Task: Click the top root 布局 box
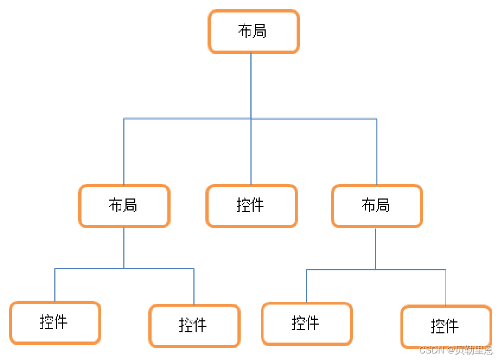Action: point(254,31)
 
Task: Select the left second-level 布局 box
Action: point(124,206)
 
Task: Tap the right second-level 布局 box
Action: point(376,206)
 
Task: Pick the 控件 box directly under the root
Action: point(251,206)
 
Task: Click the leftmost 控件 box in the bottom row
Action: point(55,322)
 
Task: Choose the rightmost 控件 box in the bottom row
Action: point(446,326)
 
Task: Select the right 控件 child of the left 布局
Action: point(194,326)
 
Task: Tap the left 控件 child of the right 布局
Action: point(306,324)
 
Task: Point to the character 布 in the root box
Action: point(246,31)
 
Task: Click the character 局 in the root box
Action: point(260,31)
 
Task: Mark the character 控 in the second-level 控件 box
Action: point(243,206)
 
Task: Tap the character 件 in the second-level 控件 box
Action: point(258,206)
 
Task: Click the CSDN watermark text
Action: point(432,350)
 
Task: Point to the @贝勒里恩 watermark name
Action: point(470,350)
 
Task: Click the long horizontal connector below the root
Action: point(185,118)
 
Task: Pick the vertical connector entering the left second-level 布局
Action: point(124,152)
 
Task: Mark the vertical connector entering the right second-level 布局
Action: point(376,152)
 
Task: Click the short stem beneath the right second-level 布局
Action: point(375,248)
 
